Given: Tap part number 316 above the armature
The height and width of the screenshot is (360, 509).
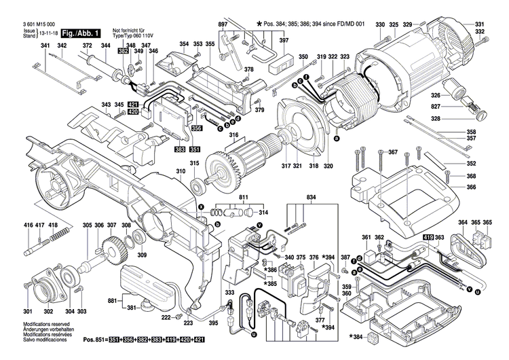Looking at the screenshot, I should [x=234, y=136].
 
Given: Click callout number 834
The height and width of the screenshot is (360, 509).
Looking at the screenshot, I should [x=311, y=198].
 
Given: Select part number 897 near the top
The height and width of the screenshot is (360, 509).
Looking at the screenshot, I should [x=222, y=25].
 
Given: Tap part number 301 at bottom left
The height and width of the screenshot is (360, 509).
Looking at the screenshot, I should [x=29, y=311].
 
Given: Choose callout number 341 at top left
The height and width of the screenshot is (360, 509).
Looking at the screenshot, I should [x=45, y=46].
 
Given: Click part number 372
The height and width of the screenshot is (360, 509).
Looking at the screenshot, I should [x=87, y=46].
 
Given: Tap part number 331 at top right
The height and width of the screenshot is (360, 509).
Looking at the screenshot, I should [x=480, y=24].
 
